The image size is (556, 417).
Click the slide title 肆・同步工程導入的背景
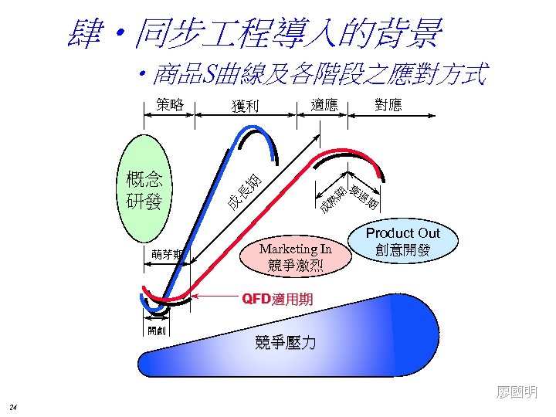(255, 33)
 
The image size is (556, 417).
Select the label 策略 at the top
(169, 104)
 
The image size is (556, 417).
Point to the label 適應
(324, 104)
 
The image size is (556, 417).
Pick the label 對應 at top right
(388, 104)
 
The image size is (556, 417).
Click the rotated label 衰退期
(364, 198)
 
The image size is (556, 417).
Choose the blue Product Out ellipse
(402, 242)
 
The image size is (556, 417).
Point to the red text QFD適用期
(277, 298)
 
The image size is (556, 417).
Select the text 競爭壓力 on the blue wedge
(285, 343)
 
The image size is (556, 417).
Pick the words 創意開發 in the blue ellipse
(402, 250)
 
